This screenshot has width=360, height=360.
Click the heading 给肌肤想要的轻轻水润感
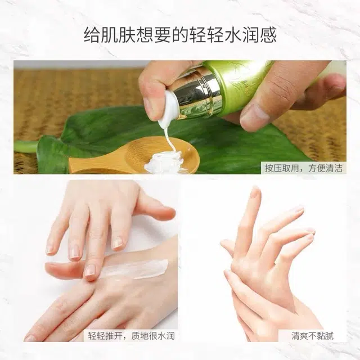pyautogui.click(x=180, y=35)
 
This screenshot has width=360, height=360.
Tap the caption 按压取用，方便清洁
pyautogui.click(x=304, y=168)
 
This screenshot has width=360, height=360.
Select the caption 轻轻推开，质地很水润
pyautogui.click(x=131, y=336)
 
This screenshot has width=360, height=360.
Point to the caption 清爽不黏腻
pyautogui.click(x=312, y=336)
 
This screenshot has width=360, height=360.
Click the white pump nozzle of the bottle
pyautogui.click(x=168, y=109)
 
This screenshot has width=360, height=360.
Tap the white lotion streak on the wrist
pyautogui.click(x=136, y=269)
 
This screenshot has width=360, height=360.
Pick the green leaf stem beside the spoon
pyautogui.click(x=26, y=146)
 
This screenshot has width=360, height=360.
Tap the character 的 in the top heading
pyautogui.click(x=180, y=35)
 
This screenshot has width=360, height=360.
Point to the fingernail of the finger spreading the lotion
pyautogui.click(x=90, y=271)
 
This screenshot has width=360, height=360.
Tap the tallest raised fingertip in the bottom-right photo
pyautogui.click(x=255, y=192)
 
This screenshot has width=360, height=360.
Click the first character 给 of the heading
pyautogui.click(x=92, y=35)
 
